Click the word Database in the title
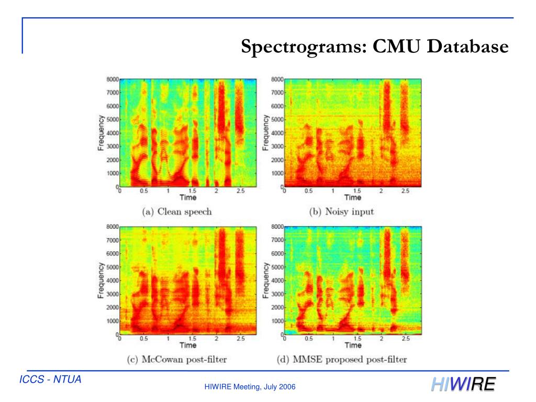467,47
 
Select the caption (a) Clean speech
176,212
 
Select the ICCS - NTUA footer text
50,379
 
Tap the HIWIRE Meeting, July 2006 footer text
250,387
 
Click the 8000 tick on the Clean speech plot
111,80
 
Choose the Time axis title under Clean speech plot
188,198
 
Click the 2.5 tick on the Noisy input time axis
405,192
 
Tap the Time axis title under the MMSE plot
353,345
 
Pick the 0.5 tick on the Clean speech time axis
144,192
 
